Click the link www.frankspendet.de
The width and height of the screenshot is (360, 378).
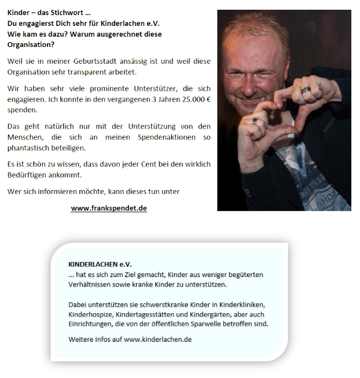click(109, 208)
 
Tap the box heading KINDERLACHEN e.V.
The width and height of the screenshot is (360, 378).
click(100, 265)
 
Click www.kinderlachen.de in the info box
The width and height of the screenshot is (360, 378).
click(158, 339)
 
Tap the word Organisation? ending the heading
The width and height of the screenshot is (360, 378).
click(27, 44)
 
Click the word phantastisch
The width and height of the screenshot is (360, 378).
click(31, 147)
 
